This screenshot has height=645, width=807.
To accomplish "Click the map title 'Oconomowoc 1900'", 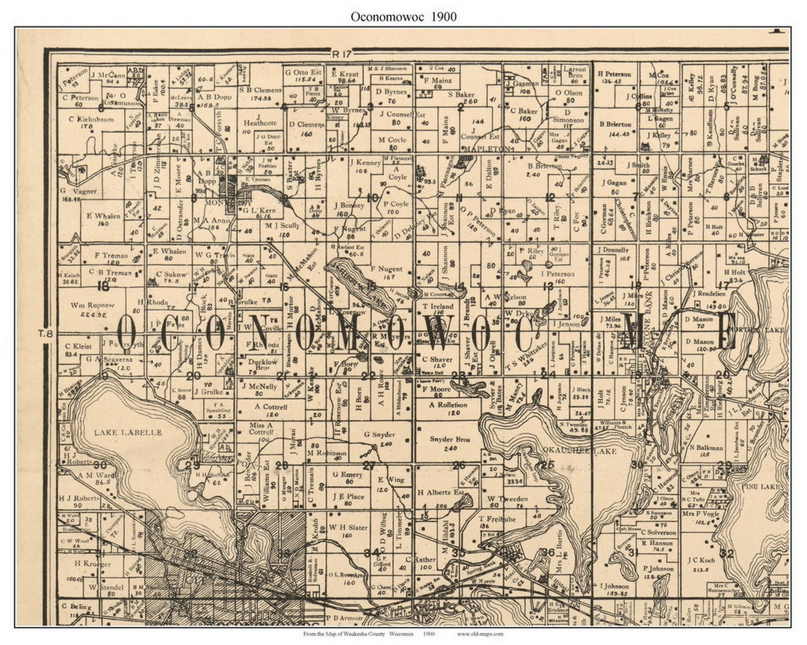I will coord(403,16).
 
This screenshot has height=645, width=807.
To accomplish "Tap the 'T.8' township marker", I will coord(47,333).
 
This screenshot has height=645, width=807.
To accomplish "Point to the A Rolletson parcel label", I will coord(448,404).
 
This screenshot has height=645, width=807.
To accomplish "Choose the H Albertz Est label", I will coord(441,493).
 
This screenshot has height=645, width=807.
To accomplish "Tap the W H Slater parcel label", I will coord(345,526).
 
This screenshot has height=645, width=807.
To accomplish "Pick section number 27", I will coord(368,466).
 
